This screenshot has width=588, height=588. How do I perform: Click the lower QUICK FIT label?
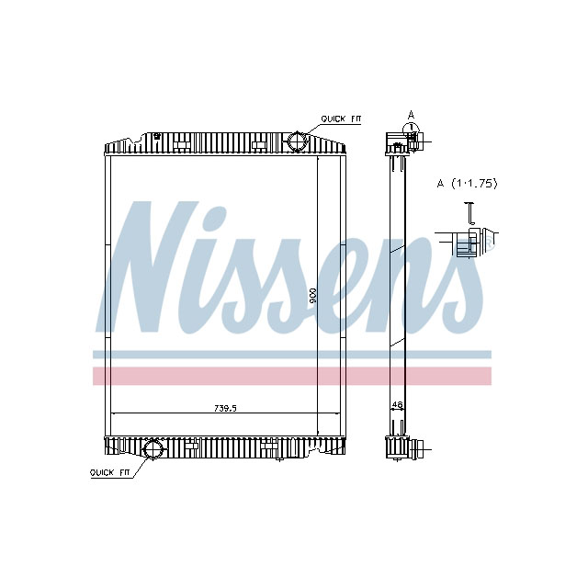109,472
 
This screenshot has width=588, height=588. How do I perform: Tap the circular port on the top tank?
299,141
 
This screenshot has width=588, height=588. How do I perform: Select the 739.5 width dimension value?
225,409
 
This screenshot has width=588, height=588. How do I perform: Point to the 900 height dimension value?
313,294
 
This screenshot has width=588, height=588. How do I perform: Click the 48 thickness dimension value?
397,403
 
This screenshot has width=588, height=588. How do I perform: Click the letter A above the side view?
412,114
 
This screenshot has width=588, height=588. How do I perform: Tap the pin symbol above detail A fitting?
469,212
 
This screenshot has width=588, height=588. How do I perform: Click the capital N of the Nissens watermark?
147,266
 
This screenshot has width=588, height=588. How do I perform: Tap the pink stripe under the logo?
292,376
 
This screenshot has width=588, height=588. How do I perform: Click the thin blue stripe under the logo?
292,354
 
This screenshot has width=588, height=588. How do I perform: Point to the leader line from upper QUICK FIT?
311,126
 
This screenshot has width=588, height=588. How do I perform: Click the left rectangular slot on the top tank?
182,144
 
